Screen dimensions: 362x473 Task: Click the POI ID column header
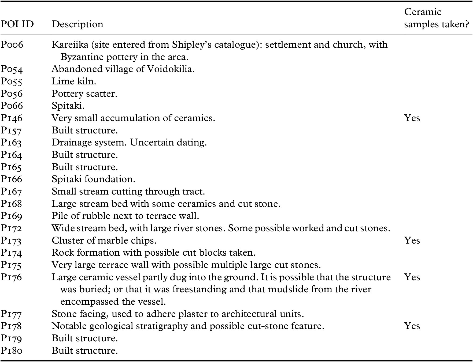(17, 24)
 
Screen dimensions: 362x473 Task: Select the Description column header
(77, 24)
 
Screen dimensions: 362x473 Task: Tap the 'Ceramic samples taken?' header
(436, 18)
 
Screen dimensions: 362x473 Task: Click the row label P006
(12, 45)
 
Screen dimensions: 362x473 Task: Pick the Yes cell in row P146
(412, 118)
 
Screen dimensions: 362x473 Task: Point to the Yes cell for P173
(412, 240)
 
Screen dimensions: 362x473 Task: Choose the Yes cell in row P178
(412, 326)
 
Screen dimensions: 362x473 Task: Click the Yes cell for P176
(412, 277)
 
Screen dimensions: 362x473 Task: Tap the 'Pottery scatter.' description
(84, 94)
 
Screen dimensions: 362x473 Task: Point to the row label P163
(11, 143)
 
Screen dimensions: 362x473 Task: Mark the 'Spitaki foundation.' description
(93, 179)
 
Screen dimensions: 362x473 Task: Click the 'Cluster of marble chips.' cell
(104, 240)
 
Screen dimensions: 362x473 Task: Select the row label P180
(11, 351)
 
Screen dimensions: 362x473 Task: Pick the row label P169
(11, 216)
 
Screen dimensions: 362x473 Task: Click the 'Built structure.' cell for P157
(84, 130)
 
